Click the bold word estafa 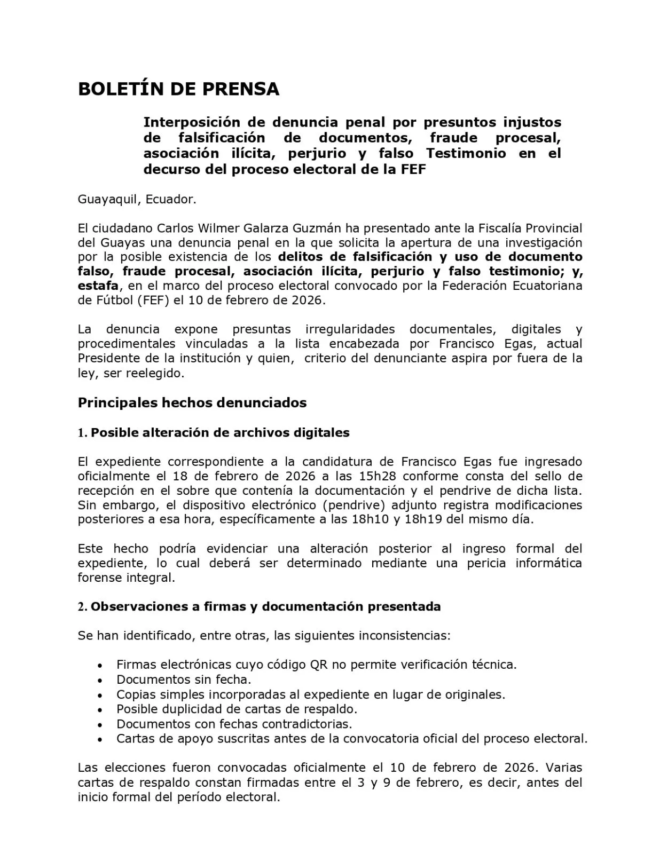98,286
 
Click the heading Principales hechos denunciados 192,402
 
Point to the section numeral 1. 82,433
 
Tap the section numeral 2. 82,607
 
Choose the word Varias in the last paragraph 563,768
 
